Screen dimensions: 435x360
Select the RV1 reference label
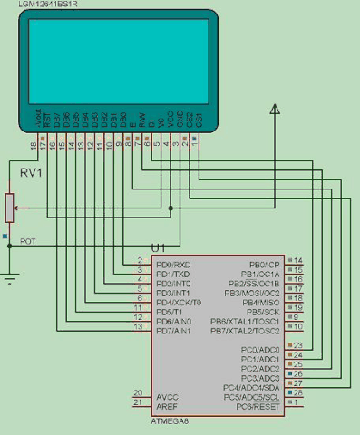[33, 172]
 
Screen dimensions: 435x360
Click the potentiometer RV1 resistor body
[10, 208]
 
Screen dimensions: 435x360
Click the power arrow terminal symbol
[273, 111]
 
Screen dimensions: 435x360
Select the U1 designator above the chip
[159, 247]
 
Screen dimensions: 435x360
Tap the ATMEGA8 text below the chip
[171, 422]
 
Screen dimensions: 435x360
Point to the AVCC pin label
[168, 397]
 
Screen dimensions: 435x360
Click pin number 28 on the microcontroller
[298, 392]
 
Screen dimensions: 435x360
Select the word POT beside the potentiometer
[29, 241]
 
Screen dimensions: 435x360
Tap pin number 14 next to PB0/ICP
[298, 260]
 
